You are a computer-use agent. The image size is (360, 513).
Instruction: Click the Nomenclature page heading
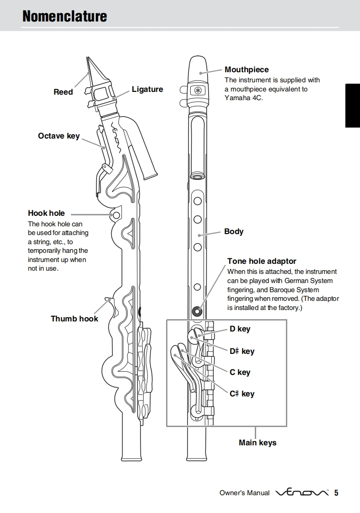tap(64, 16)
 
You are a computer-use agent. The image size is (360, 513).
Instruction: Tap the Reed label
tap(63, 92)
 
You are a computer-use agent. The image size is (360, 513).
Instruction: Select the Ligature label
tap(147, 89)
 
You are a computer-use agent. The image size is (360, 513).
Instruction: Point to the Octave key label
tap(59, 136)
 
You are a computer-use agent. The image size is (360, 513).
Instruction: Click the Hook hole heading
tap(46, 213)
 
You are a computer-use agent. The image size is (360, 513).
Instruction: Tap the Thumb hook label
tap(74, 319)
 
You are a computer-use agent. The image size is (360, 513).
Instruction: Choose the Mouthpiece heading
tap(247, 69)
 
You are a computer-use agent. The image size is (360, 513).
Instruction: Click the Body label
tap(234, 231)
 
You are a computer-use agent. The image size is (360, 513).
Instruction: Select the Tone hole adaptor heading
tap(262, 261)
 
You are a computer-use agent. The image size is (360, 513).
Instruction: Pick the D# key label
tap(242, 351)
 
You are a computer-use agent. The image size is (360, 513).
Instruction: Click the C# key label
tap(242, 394)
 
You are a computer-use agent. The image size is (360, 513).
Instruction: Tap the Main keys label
tap(258, 443)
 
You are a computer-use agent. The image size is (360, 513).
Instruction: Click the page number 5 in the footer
tap(336, 493)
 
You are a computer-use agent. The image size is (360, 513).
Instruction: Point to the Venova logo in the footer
tap(302, 493)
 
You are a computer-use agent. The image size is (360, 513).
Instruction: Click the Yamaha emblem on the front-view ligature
tap(198, 90)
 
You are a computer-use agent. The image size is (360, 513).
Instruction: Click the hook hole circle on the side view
tap(116, 215)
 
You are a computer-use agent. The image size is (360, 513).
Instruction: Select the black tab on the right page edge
tap(352, 106)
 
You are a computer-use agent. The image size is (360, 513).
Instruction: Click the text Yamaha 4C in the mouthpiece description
tap(244, 98)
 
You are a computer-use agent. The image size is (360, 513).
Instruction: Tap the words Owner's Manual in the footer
tap(244, 493)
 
